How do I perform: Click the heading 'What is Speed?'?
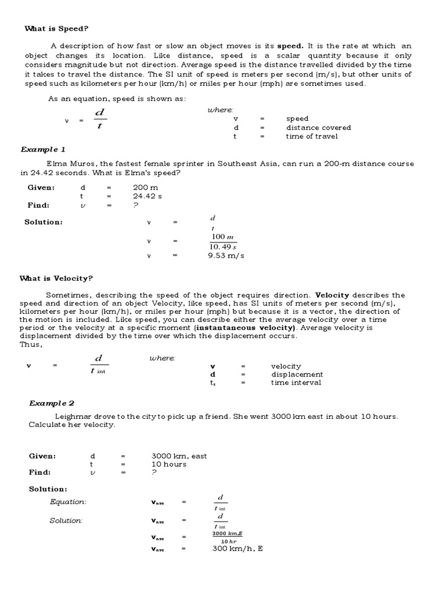point(56,28)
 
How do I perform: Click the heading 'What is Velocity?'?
point(56,278)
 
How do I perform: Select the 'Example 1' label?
point(43,149)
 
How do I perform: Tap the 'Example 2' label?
point(52,403)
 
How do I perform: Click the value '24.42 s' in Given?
point(148,196)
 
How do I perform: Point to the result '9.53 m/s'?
point(226,256)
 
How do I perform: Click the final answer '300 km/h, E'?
point(238,548)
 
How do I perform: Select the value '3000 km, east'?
point(179,456)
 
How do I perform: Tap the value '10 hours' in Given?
point(169,464)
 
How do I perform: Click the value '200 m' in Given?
point(145,188)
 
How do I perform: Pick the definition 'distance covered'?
point(318,128)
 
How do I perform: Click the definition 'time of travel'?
point(311,136)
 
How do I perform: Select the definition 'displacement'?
point(297,374)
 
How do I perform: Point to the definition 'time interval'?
point(296,382)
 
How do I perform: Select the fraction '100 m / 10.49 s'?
point(223,242)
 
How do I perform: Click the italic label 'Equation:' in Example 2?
point(68,502)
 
